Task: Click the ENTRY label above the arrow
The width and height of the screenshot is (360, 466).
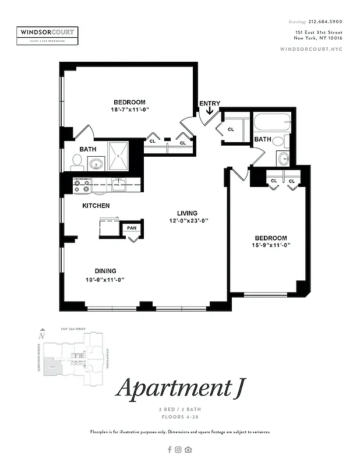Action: tap(210, 104)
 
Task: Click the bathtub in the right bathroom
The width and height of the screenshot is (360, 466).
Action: tap(271, 123)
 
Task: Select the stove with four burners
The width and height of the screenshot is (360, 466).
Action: tap(82, 185)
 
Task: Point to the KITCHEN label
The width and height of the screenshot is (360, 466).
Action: tap(96, 206)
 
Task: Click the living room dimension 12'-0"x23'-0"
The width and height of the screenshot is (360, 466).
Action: tap(188, 221)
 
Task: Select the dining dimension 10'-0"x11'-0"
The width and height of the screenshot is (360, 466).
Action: tap(105, 280)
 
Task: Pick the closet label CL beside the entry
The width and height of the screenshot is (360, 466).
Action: tap(230, 129)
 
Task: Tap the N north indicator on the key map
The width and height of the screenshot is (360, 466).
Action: tap(41, 336)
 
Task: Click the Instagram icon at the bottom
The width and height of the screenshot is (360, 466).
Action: tap(179, 449)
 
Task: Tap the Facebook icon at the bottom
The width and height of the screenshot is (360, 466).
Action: tap(170, 449)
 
